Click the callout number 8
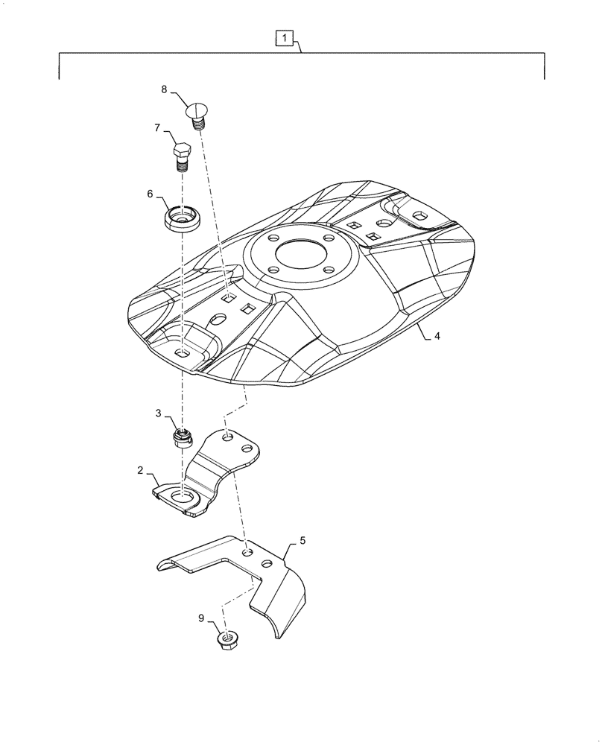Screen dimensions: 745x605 [164, 89]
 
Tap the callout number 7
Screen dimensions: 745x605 [157, 127]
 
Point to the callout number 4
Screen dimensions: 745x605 [437, 336]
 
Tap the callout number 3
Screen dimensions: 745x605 [158, 413]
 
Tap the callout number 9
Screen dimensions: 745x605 [202, 617]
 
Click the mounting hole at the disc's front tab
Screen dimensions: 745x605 [182, 352]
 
